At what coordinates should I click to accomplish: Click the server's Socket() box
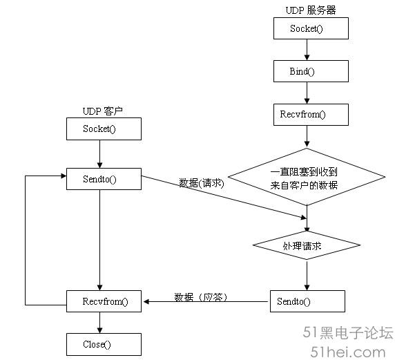click(x=311, y=28)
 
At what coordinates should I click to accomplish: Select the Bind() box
click(x=311, y=71)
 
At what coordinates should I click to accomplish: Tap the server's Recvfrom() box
click(x=311, y=115)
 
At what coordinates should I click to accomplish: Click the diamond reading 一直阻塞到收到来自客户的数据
click(x=307, y=177)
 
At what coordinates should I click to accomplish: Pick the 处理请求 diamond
click(x=307, y=245)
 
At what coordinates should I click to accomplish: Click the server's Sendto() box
click(x=307, y=301)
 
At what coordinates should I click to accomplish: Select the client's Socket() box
click(x=104, y=129)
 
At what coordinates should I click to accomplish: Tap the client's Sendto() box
click(x=104, y=179)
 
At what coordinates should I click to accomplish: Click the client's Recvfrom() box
click(x=104, y=301)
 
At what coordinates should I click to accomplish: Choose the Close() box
click(x=104, y=344)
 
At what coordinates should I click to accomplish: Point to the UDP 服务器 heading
click(x=311, y=10)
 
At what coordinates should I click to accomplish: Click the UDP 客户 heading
click(x=102, y=111)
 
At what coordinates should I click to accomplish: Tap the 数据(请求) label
click(x=201, y=183)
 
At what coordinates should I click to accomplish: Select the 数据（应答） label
click(x=200, y=297)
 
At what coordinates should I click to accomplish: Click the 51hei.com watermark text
click(x=348, y=352)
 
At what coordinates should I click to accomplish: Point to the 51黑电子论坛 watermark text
click(x=348, y=332)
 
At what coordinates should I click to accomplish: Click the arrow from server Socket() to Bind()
click(x=307, y=50)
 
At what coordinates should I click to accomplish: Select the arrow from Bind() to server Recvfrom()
click(x=307, y=93)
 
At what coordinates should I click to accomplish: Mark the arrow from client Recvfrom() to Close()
click(x=99, y=323)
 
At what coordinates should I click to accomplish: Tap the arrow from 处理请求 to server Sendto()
click(x=307, y=276)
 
